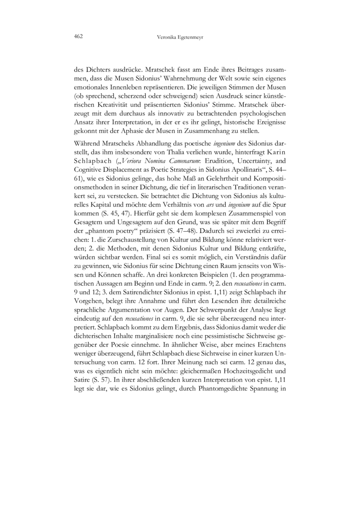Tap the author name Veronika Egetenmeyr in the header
point(179,37)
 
